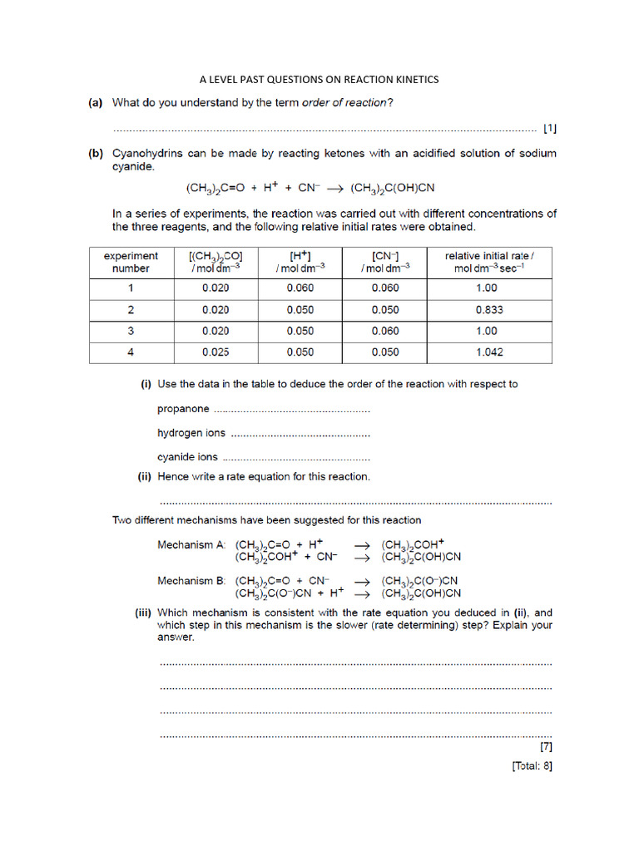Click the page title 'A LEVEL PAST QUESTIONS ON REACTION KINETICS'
pos(319,80)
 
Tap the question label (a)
pos(96,103)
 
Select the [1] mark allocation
pos(549,129)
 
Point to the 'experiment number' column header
pos(131,262)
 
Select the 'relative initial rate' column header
pos(488,262)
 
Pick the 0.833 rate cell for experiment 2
pos(488,309)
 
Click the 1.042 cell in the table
pos(488,352)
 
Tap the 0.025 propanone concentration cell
pos(215,352)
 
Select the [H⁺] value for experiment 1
pos(300,288)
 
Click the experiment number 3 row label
pos(131,331)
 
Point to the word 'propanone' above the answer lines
pos(183,409)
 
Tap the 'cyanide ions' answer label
pos(188,457)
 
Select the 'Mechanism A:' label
pos(191,545)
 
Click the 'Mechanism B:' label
pos(191,581)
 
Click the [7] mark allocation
pos(546,746)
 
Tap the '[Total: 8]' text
pos(532,766)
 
